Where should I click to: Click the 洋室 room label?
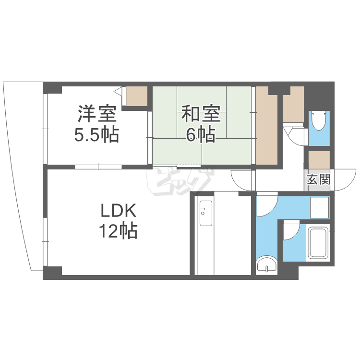97,114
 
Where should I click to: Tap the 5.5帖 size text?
96,134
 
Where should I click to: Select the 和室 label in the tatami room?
201,114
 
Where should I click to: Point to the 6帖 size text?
201,134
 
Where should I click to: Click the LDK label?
119,211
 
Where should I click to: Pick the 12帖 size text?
118,230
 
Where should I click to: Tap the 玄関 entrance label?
319,180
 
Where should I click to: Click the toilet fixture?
319,120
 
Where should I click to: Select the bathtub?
318,243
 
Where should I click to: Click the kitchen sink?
206,213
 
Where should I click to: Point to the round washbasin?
266,264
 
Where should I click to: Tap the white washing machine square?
320,207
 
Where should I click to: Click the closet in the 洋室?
137,96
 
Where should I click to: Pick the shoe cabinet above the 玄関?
319,160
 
